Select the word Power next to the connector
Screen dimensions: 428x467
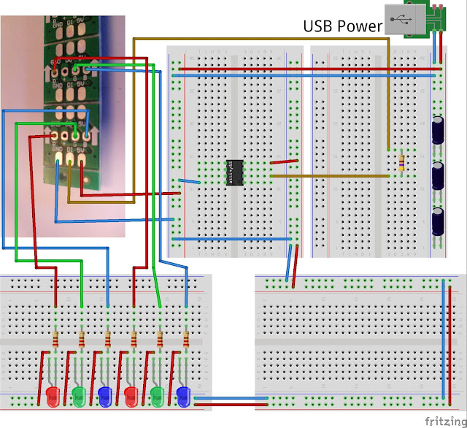(363, 26)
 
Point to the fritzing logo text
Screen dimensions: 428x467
(443, 421)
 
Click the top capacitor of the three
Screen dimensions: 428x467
(439, 130)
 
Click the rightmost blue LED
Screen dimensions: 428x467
(184, 397)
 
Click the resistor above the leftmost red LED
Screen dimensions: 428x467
(55, 339)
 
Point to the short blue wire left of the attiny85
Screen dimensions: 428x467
(190, 181)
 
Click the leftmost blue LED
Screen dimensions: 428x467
(106, 397)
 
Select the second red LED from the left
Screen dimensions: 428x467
(132, 397)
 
